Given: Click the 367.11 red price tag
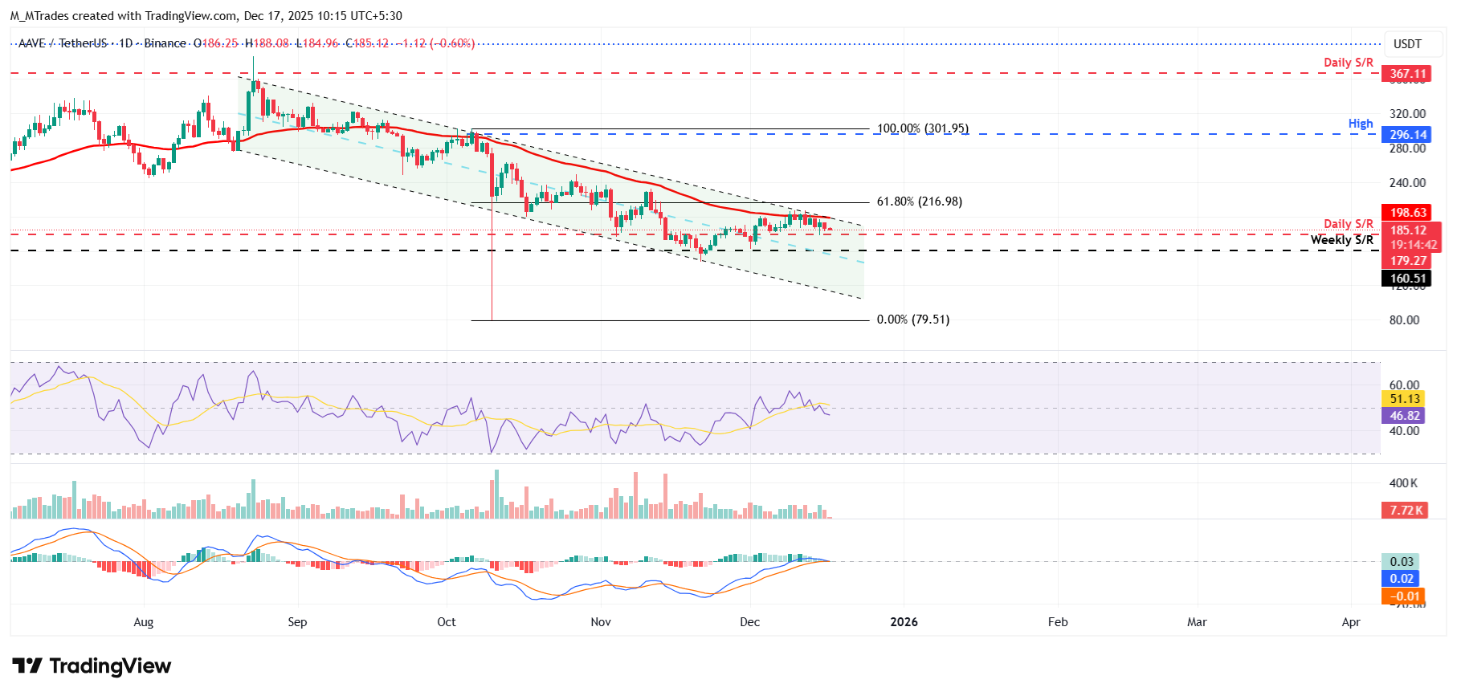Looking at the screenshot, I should coord(1408,74).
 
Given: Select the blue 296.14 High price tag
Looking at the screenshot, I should coord(1408,135).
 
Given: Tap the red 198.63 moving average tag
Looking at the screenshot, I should coord(1408,213).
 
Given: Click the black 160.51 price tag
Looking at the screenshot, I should coord(1408,279).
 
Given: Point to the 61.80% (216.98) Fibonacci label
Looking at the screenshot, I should coord(919,201).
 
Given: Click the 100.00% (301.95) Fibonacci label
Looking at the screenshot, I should coord(922,128).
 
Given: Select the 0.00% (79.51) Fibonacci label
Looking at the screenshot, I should coord(912,320).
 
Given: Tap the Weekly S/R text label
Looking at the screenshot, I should coord(1341,240).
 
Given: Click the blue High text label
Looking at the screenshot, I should coord(1360,124).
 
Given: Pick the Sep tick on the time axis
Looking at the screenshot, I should coord(297,622).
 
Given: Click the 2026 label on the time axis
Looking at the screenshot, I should coord(904,622).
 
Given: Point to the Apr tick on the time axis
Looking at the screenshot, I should coord(1351,622).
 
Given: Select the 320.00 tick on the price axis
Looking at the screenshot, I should coord(1407,114).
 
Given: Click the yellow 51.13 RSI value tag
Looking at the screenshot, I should coord(1405,399).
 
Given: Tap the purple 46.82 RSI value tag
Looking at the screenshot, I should coord(1405,416).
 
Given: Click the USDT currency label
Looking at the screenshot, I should coord(1407,44).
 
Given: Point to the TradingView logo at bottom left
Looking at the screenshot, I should coord(92,666).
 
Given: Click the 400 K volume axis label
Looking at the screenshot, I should coord(1403,483).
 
